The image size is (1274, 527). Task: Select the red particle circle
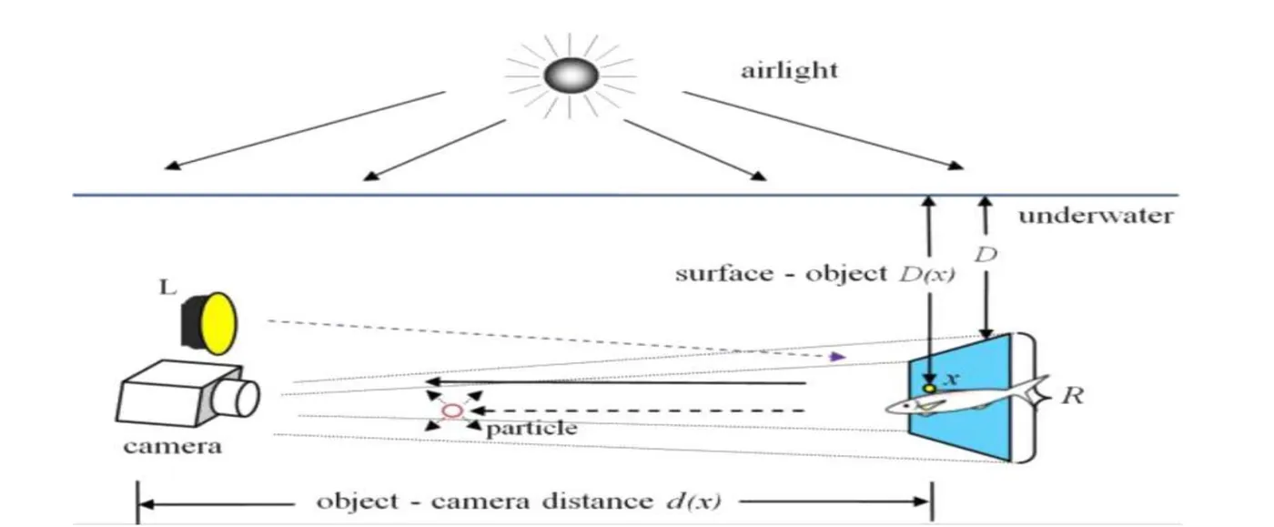(451, 411)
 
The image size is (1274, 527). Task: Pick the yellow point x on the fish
(929, 389)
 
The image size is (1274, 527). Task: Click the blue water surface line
(546, 195)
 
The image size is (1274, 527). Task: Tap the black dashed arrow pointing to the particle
(637, 411)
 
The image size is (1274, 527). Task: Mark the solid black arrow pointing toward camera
(619, 383)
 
